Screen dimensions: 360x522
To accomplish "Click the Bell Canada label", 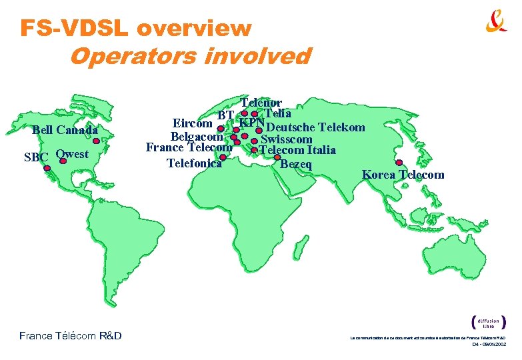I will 65,130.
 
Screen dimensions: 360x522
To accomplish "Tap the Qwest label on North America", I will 72,154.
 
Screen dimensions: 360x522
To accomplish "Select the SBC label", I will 35,157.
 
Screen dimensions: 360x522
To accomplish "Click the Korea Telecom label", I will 403,175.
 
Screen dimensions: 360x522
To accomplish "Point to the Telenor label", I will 261,103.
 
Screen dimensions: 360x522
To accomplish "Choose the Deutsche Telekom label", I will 315,127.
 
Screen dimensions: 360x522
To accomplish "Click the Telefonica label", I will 194,163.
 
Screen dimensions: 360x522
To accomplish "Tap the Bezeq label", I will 295,163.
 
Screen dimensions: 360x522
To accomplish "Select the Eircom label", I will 193,123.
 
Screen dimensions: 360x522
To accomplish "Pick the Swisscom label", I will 286,139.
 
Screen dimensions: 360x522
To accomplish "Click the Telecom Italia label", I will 297,151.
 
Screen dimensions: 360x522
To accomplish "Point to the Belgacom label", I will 197,136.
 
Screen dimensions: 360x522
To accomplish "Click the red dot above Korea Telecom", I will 398,163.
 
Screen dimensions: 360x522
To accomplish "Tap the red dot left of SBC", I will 47,168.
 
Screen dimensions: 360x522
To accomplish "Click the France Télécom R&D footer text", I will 70,335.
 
